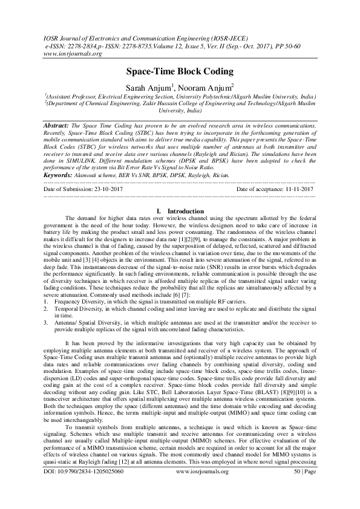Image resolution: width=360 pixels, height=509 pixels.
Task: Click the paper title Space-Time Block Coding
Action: (x=180, y=71)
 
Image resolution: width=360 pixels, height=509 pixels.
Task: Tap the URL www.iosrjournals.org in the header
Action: (x=71, y=53)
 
